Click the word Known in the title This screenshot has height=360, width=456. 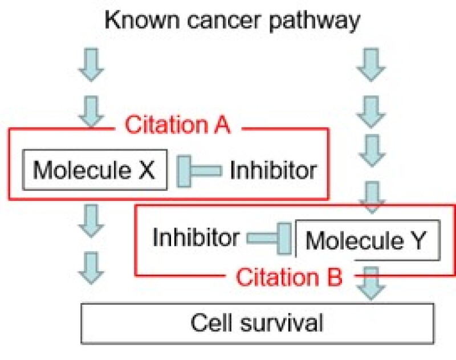click(142, 20)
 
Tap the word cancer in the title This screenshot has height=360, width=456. click(224, 21)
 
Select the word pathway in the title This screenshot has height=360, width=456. click(315, 22)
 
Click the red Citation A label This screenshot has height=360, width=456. click(177, 125)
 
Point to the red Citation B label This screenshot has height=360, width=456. click(289, 277)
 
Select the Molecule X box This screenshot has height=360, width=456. click(95, 170)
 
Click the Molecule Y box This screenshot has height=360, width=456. click(368, 240)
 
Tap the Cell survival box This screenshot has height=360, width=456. click(258, 324)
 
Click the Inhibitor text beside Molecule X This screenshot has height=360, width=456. click(274, 170)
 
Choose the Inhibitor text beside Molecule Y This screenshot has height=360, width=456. click(196, 238)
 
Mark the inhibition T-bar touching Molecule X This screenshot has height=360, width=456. click(199, 171)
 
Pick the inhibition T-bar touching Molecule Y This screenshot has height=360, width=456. click(269, 238)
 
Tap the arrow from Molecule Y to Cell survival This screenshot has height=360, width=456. click(371, 283)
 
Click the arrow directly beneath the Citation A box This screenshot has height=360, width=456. click(91, 221)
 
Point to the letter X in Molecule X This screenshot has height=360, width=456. click(147, 170)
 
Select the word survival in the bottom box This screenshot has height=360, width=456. click(282, 322)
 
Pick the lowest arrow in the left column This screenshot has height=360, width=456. click(91, 268)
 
